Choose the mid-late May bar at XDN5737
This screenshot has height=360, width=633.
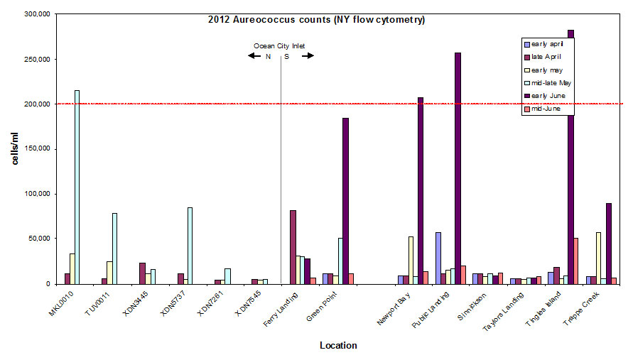tap(190, 245)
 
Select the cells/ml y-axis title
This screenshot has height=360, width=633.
tap(15, 148)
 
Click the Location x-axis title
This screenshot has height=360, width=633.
tap(338, 346)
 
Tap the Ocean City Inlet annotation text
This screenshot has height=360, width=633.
tap(279, 46)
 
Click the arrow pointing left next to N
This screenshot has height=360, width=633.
tap(254, 57)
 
